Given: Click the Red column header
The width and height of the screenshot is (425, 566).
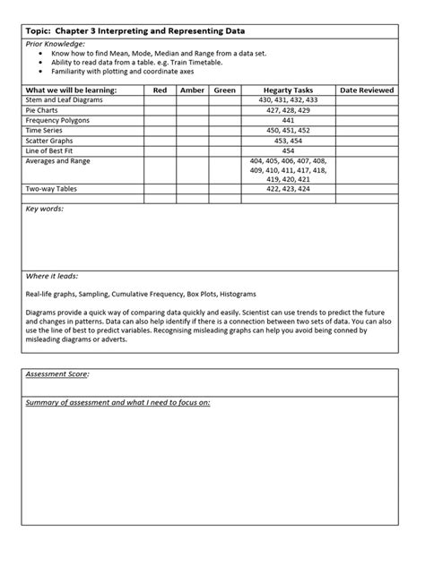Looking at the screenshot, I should click(x=160, y=90).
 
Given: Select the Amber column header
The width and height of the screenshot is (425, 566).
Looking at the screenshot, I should click(x=192, y=90).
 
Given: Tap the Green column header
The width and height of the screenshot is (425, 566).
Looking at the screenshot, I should click(x=224, y=90).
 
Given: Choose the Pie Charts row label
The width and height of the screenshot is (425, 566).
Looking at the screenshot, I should click(x=42, y=110).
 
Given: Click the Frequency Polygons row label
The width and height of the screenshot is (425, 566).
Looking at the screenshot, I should click(x=56, y=120).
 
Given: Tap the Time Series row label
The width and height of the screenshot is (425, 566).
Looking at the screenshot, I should click(x=44, y=130).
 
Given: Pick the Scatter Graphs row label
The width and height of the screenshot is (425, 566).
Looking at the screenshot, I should click(x=50, y=140).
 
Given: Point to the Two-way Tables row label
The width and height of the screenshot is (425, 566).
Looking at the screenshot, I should click(x=52, y=189).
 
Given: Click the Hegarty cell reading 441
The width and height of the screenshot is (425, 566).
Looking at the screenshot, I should click(x=288, y=120).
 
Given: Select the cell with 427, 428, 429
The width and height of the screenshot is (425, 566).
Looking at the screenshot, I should click(x=288, y=110).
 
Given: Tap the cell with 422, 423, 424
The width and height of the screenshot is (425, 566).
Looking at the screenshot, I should click(x=288, y=189).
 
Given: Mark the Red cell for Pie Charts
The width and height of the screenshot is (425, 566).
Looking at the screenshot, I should click(x=160, y=110).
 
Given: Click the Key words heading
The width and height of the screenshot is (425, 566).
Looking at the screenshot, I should click(x=45, y=209).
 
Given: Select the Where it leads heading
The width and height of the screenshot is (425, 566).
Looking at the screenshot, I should click(x=50, y=276).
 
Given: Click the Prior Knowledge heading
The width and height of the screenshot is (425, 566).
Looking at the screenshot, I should click(x=56, y=43).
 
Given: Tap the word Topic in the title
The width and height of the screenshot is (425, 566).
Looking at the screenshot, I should click(x=39, y=30).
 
